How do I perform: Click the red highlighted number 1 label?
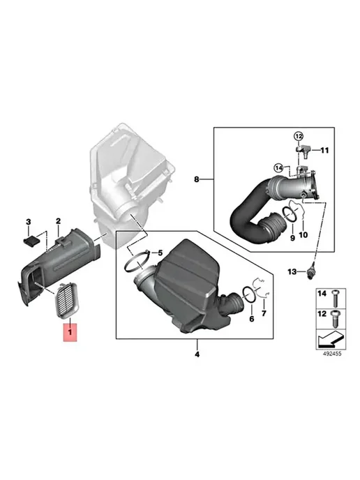click(70, 333)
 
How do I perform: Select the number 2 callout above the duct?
click(58, 220)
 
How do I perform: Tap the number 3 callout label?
click(28, 221)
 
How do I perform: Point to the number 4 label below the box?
click(197, 354)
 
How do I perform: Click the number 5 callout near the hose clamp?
click(160, 253)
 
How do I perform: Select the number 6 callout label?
click(252, 319)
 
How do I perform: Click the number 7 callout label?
click(264, 313)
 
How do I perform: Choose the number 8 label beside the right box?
click(197, 179)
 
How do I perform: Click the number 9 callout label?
click(292, 237)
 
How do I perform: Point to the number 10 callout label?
click(303, 235)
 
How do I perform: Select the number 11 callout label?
click(324, 150)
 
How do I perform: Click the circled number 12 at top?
click(299, 135)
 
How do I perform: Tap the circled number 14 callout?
click(278, 167)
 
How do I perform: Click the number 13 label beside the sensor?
click(292, 271)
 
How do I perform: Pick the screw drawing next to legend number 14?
click(335, 298)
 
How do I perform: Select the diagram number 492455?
click(332, 354)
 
